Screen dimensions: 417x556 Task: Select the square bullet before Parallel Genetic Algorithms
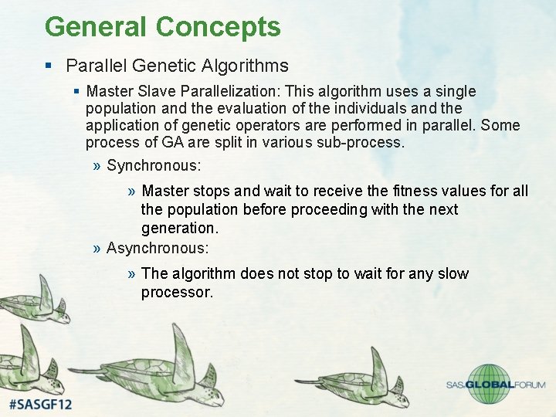50,66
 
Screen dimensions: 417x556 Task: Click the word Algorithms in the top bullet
249,66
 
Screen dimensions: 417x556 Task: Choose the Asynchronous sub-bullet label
157,248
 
